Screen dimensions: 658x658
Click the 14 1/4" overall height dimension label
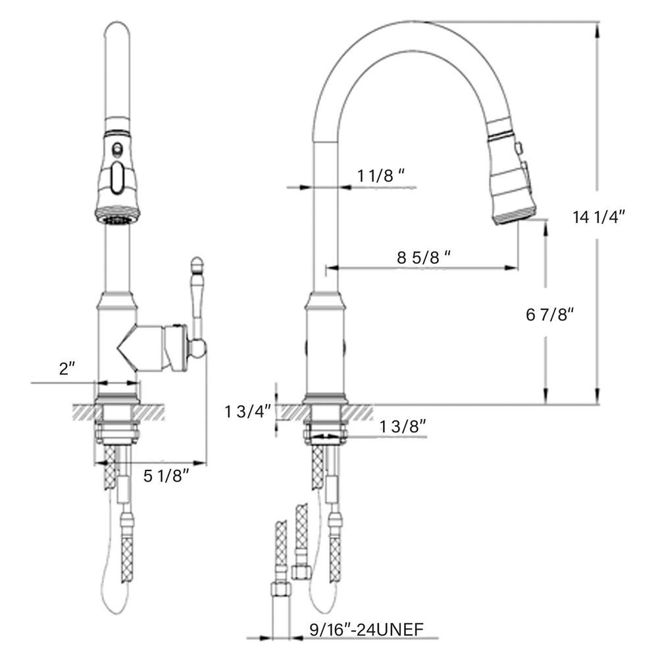599,217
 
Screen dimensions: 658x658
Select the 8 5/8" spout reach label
424,257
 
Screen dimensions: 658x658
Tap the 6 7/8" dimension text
549,314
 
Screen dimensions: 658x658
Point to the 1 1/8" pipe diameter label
381,176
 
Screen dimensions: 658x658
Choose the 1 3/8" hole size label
403,427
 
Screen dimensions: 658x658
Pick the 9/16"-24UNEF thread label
367,630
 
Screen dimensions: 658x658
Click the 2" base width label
66,368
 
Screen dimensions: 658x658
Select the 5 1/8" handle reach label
166,476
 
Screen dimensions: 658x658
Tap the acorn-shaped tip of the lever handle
196,265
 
